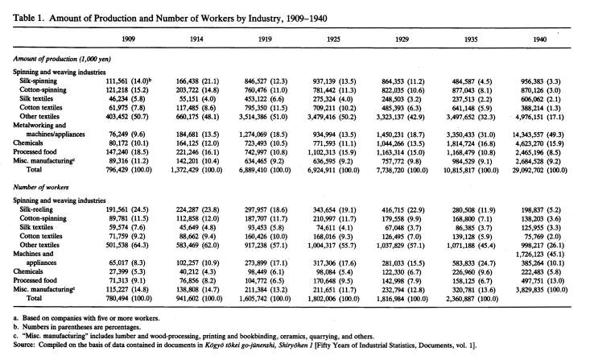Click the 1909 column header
pos(129,39)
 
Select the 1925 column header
pos(333,39)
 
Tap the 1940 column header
pos(539,39)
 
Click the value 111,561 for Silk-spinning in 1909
pos(117,81)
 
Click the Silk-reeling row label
pos(36,209)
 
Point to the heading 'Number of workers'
pos(41,187)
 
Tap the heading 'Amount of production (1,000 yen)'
pos(62,59)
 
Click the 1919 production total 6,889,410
pos(254,170)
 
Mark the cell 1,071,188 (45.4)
pos(471,245)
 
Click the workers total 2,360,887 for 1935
pos(460,299)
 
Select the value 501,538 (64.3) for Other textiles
pos(127,245)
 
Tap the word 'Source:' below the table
pos(24,346)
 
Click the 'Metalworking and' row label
pos(39,125)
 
